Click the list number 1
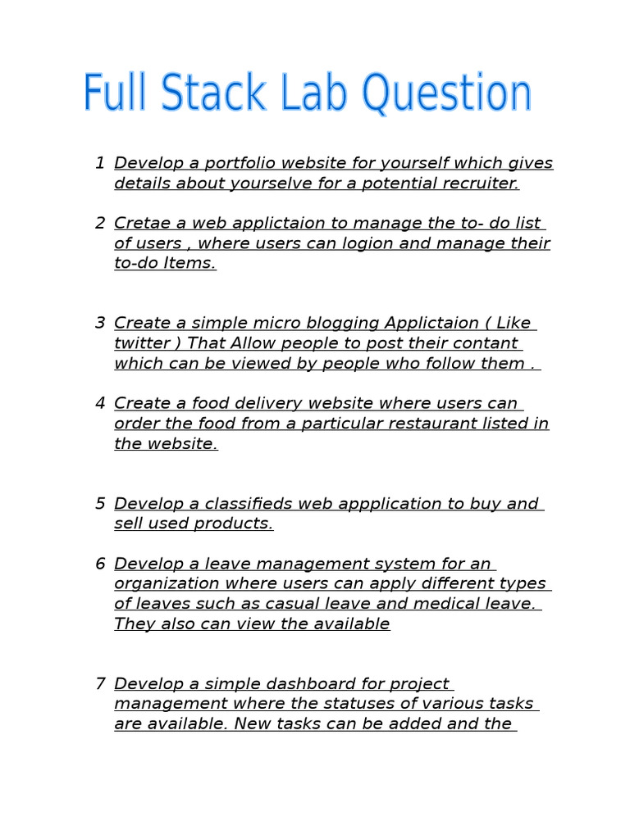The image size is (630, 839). point(100,163)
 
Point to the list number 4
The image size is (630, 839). point(100,403)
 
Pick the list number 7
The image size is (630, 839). point(100,683)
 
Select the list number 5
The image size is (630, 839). point(100,503)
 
